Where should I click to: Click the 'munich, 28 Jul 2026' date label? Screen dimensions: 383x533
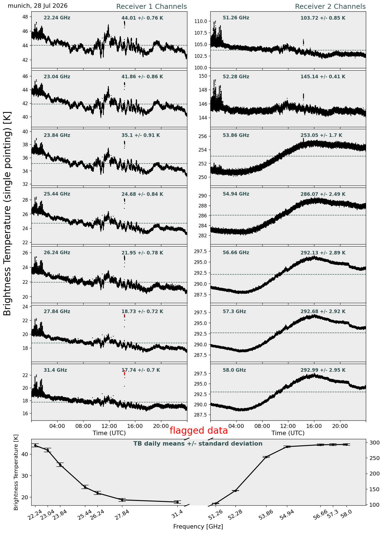tap(38, 6)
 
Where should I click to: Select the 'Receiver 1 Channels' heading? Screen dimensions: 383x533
tap(151, 7)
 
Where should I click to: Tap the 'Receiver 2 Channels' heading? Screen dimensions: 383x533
tap(330, 7)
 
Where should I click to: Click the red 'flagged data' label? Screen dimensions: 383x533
tap(199, 431)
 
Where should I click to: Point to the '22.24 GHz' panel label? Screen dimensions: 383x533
tap(57, 18)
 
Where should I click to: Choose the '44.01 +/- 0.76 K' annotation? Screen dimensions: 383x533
tap(142, 18)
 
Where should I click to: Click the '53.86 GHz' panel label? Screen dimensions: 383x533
tap(236, 135)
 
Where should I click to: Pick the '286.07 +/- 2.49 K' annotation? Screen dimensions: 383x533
tap(323, 194)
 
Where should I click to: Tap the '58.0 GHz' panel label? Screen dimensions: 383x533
tap(234, 370)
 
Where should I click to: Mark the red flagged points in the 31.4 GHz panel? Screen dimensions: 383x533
tap(125, 374)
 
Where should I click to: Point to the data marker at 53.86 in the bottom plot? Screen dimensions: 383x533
tap(266, 457)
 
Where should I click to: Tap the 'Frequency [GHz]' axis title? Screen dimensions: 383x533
tap(198, 526)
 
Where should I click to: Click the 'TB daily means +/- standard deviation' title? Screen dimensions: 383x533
tap(198, 444)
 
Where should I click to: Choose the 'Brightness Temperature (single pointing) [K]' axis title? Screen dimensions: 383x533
tap(7, 213)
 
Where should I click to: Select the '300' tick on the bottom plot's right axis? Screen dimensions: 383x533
tap(372, 443)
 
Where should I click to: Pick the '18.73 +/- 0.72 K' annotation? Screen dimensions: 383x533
tap(142, 312)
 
